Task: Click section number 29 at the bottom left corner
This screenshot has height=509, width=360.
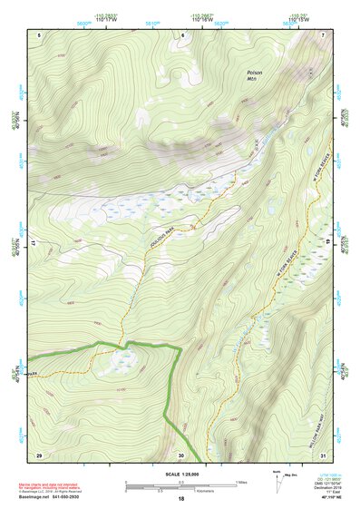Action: (39, 454)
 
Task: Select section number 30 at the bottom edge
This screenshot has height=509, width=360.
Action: (180, 455)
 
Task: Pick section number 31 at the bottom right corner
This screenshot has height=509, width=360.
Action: (323, 454)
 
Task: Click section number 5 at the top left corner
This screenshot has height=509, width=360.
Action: (40, 34)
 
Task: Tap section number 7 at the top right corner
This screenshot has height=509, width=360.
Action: (324, 34)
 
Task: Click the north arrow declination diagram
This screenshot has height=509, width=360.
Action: (277, 482)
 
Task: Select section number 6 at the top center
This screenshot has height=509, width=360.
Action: (182, 34)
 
